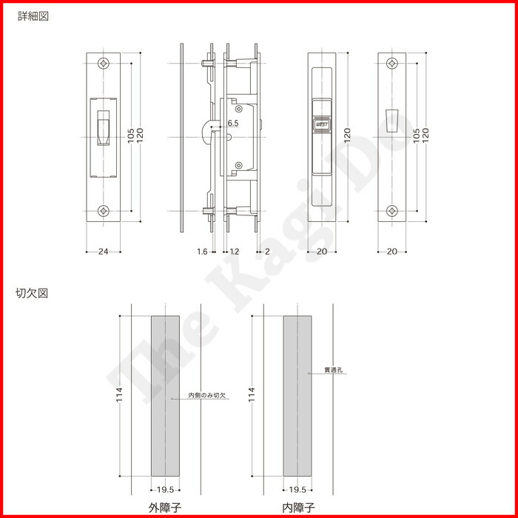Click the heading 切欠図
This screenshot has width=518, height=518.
(x=32, y=293)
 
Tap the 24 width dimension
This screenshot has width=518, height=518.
(x=103, y=252)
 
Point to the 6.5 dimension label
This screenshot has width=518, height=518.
(x=232, y=122)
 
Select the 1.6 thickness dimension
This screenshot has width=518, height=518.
(x=202, y=252)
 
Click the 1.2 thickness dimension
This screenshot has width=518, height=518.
(x=234, y=252)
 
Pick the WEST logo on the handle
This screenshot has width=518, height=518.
(x=322, y=126)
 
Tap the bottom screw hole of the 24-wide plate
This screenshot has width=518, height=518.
(x=103, y=212)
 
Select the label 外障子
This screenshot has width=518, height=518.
(x=164, y=507)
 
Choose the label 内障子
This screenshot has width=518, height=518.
(x=297, y=507)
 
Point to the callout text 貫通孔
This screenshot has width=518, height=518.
(x=333, y=369)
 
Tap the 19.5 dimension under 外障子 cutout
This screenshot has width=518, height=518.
(x=164, y=489)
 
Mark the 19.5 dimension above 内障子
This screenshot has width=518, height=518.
(x=297, y=489)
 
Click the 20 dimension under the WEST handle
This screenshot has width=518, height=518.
(x=322, y=252)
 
